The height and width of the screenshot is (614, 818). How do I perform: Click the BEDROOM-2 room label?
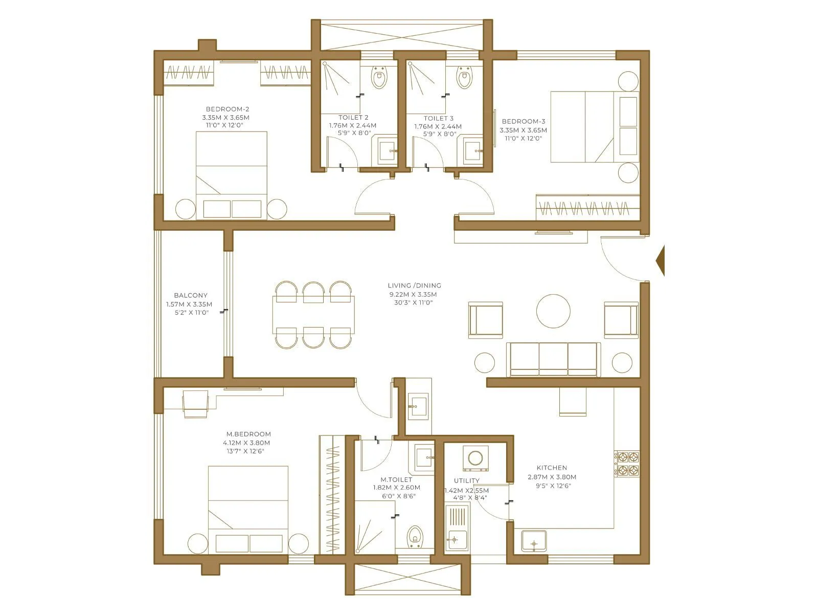pyautogui.click(x=228, y=109)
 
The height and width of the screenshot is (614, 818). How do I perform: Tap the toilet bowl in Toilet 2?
pyautogui.click(x=379, y=78)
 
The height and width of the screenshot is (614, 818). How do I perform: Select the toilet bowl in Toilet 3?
pyautogui.click(x=464, y=78)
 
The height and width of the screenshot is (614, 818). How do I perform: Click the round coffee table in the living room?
pyautogui.click(x=553, y=311)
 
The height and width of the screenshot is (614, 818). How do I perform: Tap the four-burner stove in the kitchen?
pyautogui.click(x=627, y=464)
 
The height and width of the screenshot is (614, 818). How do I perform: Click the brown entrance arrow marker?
pyautogui.click(x=660, y=261)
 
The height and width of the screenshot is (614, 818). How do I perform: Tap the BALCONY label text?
pyautogui.click(x=191, y=295)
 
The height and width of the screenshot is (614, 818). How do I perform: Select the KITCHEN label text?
pyautogui.click(x=552, y=468)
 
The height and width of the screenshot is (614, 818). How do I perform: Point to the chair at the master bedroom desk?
pyautogui.click(x=196, y=404)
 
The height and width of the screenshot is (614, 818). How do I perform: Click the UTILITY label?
pyautogui.click(x=466, y=480)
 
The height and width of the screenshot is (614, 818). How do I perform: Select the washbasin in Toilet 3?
pyautogui.click(x=473, y=150)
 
